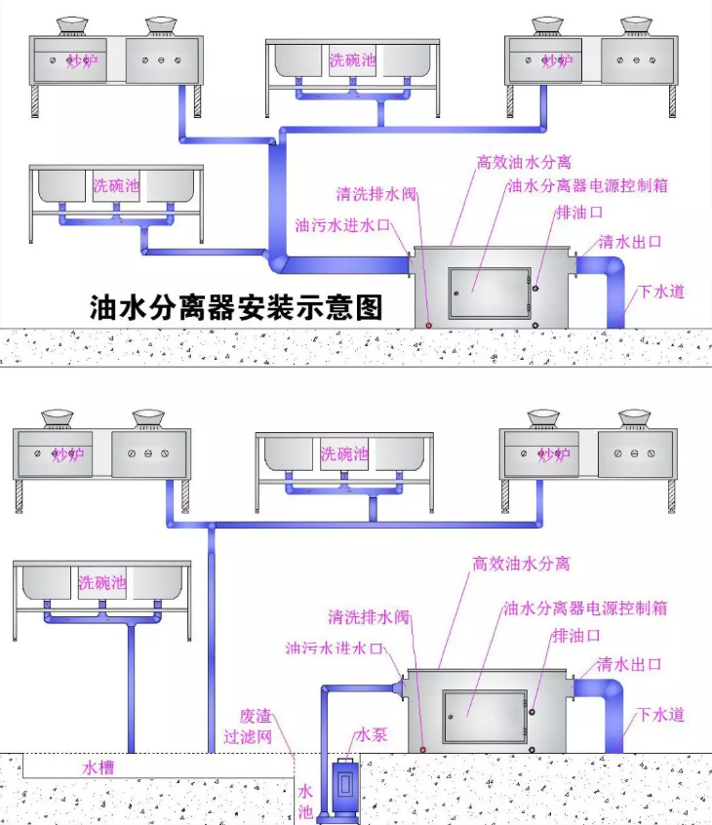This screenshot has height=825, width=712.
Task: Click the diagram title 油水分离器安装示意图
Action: tap(235, 308)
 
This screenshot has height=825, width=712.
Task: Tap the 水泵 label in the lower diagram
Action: tap(372, 733)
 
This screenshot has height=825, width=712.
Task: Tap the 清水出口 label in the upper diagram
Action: tap(631, 241)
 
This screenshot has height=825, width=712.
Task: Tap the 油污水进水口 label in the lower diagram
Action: tap(335, 648)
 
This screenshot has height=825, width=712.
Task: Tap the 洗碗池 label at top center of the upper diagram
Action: tap(352, 59)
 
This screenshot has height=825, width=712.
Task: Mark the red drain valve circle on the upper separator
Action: tap(428, 324)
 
